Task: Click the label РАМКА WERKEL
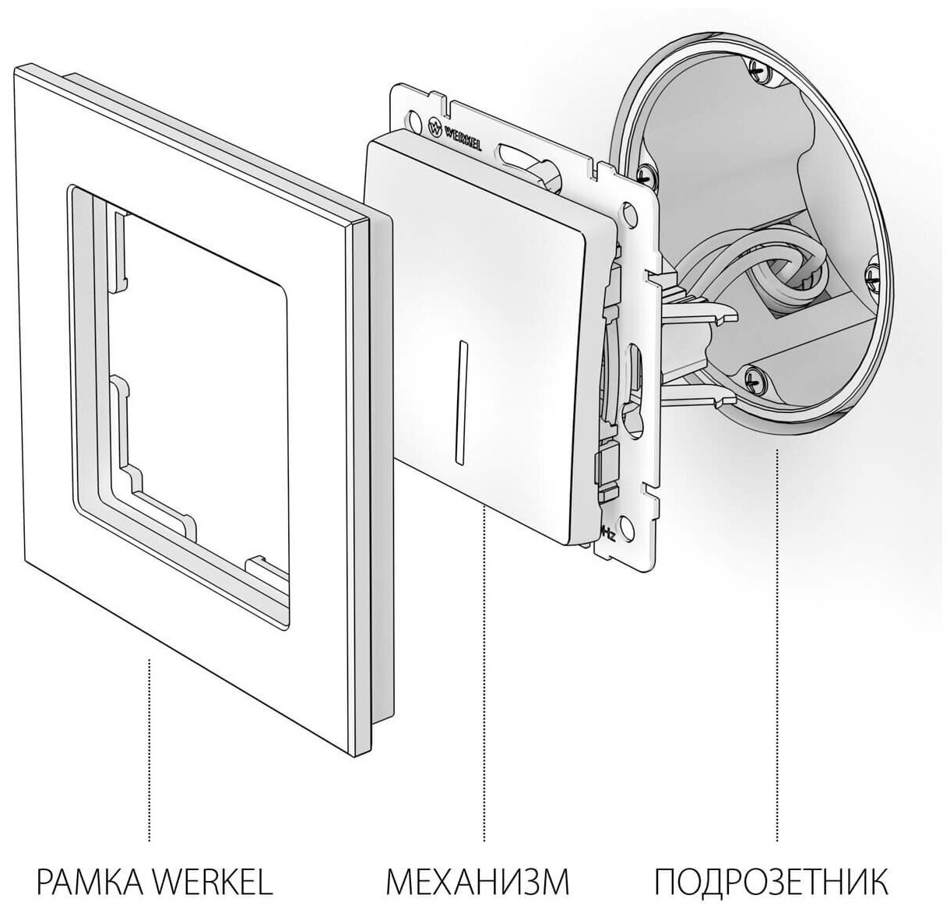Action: [154, 882]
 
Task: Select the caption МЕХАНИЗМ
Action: [477, 882]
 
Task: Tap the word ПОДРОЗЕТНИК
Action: [769, 882]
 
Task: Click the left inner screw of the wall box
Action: [643, 171]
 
